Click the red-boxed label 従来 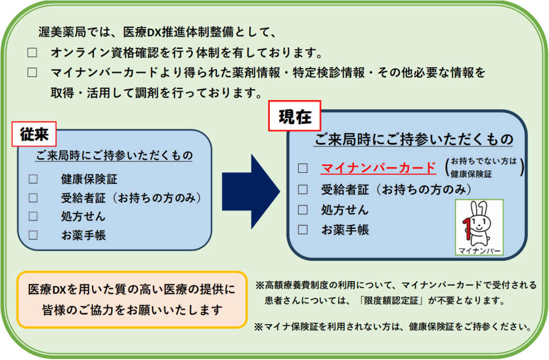pos(34,135)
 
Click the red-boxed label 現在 pos(294,116)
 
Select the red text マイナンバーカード pos(378,168)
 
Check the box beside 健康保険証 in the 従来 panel pos(33,179)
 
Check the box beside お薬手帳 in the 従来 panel pos(33,235)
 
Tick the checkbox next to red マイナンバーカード pos(303,168)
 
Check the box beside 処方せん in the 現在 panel pos(303,209)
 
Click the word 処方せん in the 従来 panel pos(83,217)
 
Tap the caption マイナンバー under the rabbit pos(479,251)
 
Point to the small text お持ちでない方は pos(484,161)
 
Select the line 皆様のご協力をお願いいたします pos(132,310)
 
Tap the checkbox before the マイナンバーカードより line pos(33,72)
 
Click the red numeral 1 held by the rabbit pos(467,226)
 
